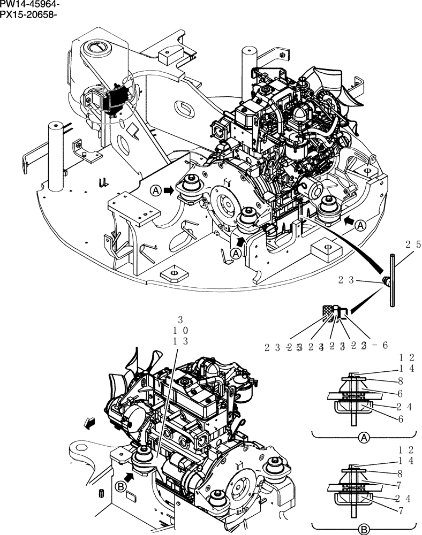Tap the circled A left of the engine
click(155, 190)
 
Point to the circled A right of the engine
click(360, 225)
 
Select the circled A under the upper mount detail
click(363, 438)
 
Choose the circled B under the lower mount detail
click(363, 529)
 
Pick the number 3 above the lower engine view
click(180, 320)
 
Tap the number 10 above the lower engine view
click(180, 331)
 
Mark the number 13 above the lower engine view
click(180, 341)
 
